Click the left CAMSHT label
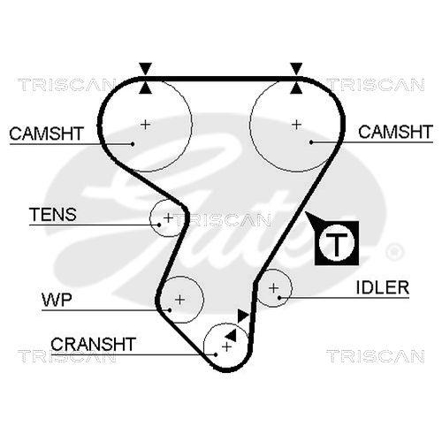46,133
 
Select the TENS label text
52,215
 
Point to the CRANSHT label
93,343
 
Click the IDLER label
382,287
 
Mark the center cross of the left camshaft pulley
146,124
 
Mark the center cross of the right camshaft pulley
296,124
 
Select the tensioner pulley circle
168,217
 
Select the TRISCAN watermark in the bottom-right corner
375,355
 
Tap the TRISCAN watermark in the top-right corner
375,85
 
